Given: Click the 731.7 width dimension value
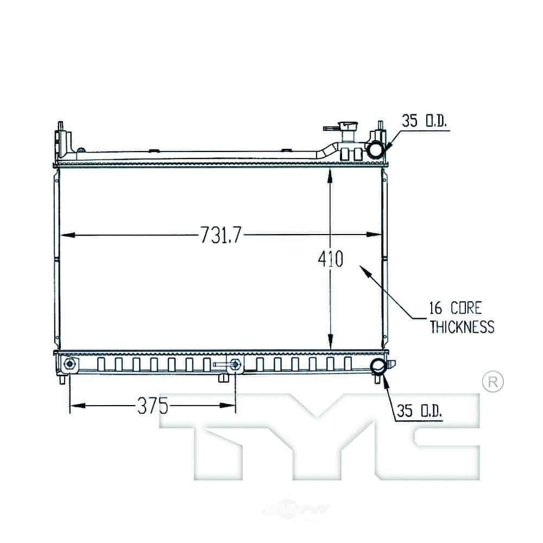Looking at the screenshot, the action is pyautogui.click(x=220, y=235).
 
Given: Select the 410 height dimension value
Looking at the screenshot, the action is pyautogui.click(x=330, y=258).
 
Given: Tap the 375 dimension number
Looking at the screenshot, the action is pyautogui.click(x=153, y=406).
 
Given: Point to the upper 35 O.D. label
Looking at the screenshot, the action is pyautogui.click(x=425, y=121).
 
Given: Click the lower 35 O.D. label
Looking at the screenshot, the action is pyautogui.click(x=420, y=411).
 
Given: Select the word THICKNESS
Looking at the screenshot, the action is pyautogui.click(x=462, y=327).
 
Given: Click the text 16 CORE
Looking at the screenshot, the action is pyautogui.click(x=456, y=308).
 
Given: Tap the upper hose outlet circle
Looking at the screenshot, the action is pyautogui.click(x=376, y=150).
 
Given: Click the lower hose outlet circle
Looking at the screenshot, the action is pyautogui.click(x=378, y=367).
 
